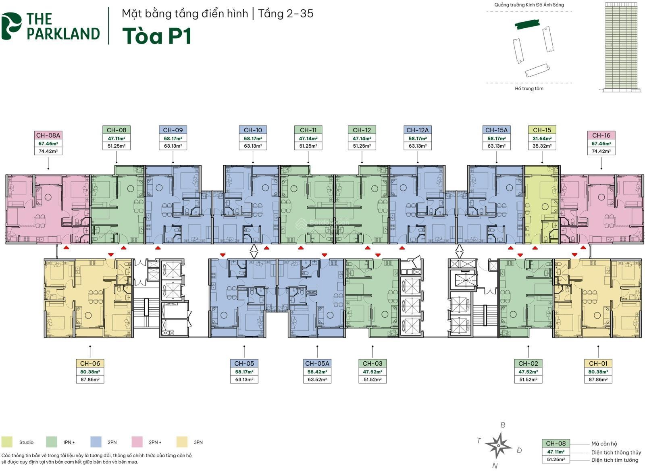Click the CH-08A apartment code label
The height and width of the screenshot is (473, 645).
point(48,135)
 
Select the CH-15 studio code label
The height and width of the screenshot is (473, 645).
point(542,130)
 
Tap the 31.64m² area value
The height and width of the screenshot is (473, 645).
point(542,138)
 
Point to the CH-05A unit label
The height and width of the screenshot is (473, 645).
point(317,364)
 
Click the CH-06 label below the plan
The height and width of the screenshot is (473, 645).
point(90,364)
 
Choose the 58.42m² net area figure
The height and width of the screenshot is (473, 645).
point(317,372)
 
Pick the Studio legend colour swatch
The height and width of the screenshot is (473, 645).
point(7,442)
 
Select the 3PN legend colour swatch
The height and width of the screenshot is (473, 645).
point(182,442)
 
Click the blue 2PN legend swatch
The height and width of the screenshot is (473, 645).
point(96,442)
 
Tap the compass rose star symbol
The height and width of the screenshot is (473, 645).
point(498,446)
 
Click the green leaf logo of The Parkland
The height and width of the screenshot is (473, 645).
point(11,26)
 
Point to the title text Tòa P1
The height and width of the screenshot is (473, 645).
point(157,36)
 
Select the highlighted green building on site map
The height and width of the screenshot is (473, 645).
point(527,24)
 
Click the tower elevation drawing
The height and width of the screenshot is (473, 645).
point(621,47)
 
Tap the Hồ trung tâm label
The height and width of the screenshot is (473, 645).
point(529,88)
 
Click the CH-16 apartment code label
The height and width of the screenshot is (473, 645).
point(601,135)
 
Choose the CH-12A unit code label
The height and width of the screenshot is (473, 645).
point(418,130)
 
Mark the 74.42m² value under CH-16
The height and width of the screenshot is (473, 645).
point(601,151)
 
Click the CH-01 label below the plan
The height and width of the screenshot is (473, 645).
point(598,364)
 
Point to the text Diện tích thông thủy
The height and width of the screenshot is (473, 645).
point(616,452)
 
